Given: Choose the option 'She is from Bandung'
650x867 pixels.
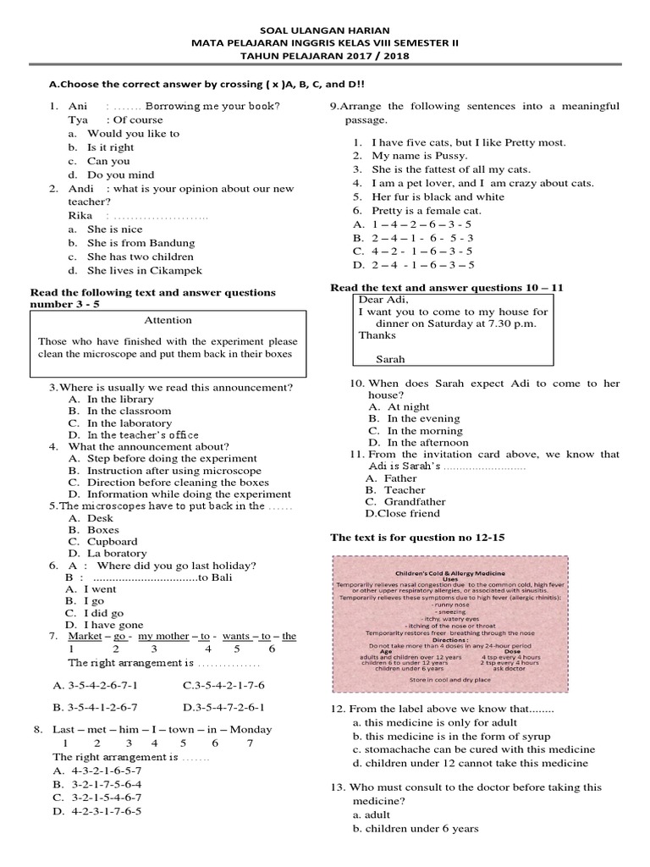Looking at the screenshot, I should [140, 243].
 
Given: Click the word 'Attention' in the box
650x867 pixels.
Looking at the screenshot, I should [168, 320].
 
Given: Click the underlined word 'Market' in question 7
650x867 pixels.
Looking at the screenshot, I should [85, 636].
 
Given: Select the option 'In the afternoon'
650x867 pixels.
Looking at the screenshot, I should [427, 442].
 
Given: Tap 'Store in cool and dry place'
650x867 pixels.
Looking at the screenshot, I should [449, 680].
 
